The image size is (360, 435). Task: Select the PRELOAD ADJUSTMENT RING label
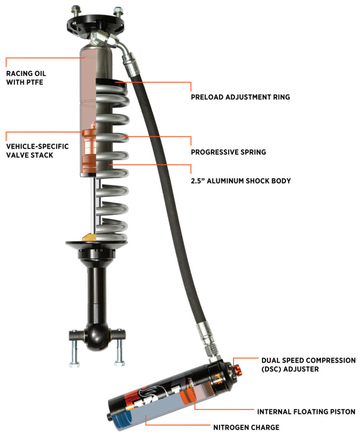coord(239,97)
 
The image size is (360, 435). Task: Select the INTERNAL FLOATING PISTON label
coord(306,411)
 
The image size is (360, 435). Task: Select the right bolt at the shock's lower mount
coord(118,351)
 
